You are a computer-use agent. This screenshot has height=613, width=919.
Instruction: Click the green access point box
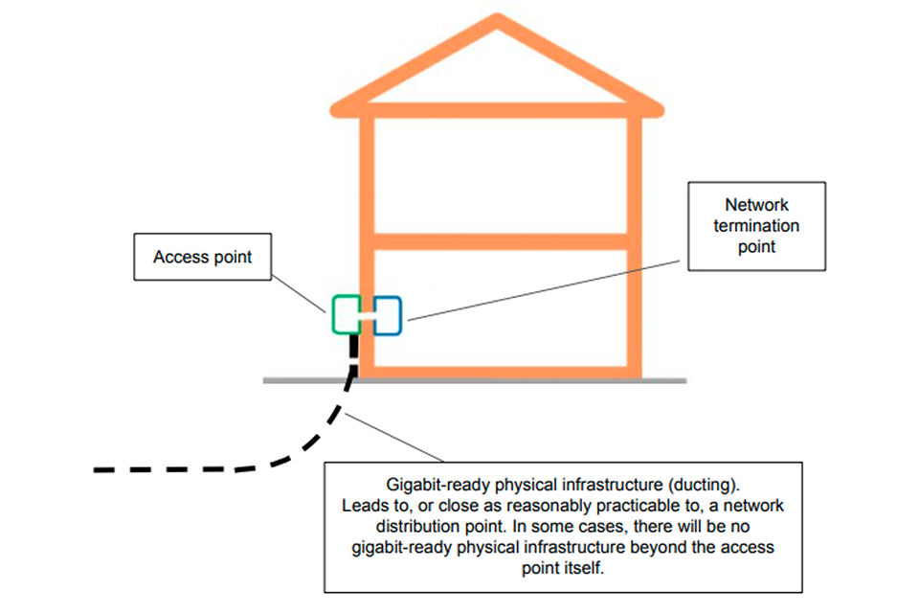(x=345, y=314)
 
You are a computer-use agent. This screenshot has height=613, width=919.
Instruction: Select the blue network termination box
(x=387, y=314)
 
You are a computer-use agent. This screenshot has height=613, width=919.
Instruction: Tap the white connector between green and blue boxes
(x=366, y=313)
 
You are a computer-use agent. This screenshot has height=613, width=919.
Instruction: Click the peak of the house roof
(x=496, y=21)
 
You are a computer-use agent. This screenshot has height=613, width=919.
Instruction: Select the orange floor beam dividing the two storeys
(x=498, y=236)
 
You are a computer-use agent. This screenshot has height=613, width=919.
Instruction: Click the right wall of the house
(x=633, y=239)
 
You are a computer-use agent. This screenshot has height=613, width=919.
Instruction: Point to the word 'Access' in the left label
(x=175, y=257)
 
